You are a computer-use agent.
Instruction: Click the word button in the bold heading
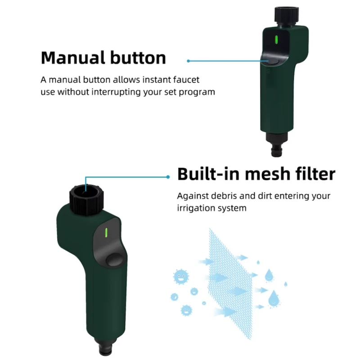click(137, 58)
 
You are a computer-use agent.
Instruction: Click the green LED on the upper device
click(276, 41)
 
